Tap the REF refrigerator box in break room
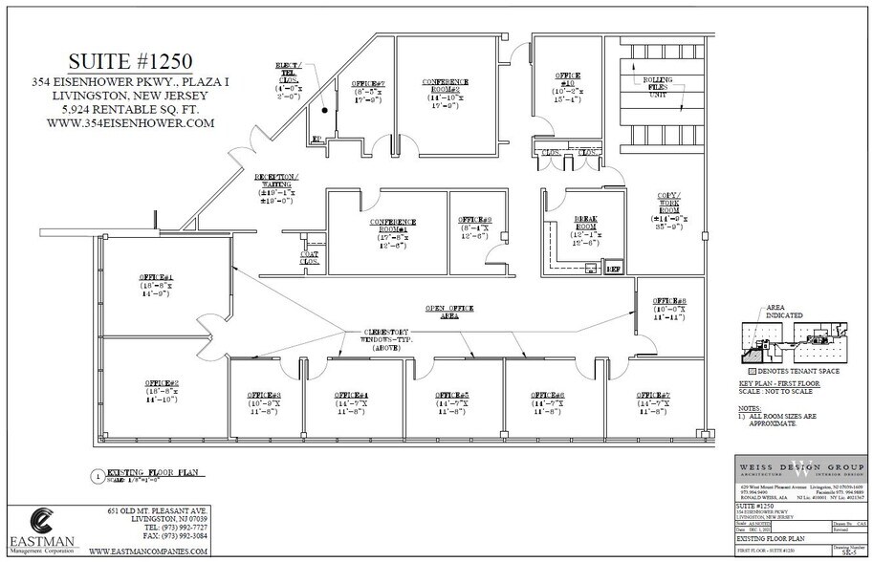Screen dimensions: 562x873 point(614,270)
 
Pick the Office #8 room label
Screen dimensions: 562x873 point(669,307)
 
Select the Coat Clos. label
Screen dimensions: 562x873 point(311,256)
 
